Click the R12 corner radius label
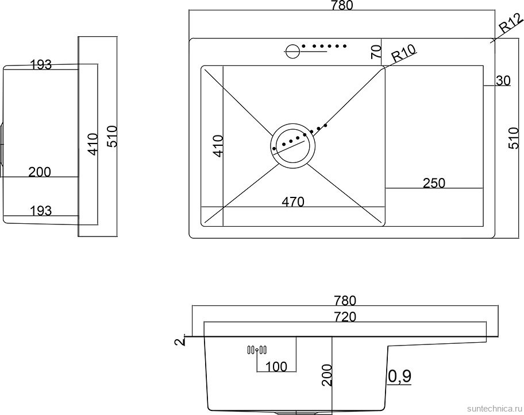(x=510, y=25)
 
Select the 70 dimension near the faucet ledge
(x=376, y=51)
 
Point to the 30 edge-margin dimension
(x=503, y=81)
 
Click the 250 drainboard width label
(x=434, y=183)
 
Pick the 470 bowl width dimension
(x=292, y=201)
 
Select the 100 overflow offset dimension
(x=278, y=366)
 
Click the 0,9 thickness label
(x=400, y=376)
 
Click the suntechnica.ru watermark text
(x=494, y=407)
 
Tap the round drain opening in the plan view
(x=293, y=145)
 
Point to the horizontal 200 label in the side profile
(x=39, y=172)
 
